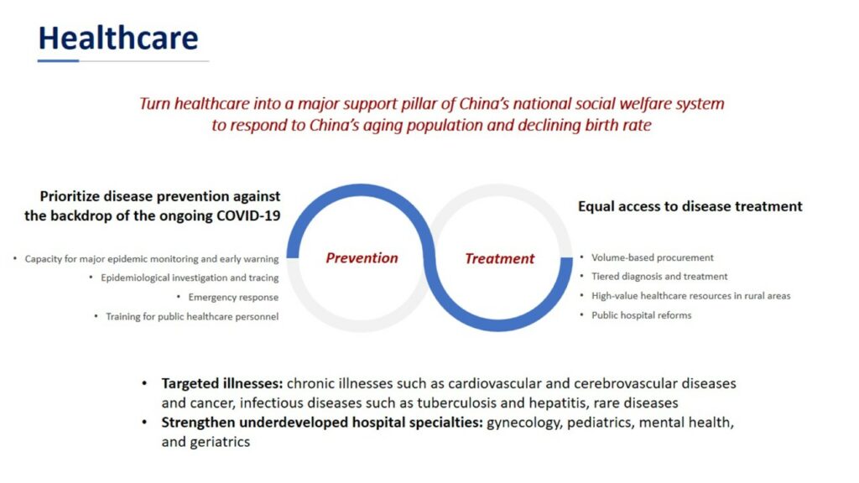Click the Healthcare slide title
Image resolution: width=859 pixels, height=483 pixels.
pyautogui.click(x=117, y=39)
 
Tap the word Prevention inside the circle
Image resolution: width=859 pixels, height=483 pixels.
pyautogui.click(x=362, y=258)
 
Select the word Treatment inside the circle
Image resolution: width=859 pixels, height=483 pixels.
pyautogui.click(x=499, y=258)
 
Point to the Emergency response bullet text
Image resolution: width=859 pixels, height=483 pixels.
pyautogui.click(x=233, y=298)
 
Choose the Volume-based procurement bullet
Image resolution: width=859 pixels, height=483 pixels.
pyautogui.click(x=653, y=257)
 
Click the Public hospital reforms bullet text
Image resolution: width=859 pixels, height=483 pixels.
pyautogui.click(x=642, y=315)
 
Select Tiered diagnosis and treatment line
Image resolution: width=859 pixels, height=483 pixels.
pyautogui.click(x=659, y=277)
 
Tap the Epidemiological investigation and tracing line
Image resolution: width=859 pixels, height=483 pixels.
pyautogui.click(x=190, y=278)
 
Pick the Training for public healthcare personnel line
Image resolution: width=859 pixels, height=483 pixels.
pyautogui.click(x=192, y=316)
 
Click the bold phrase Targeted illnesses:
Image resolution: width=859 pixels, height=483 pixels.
pyautogui.click(x=221, y=383)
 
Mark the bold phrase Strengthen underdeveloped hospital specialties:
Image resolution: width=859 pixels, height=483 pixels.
pyautogui.click(x=322, y=423)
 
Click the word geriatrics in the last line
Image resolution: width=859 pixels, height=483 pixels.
pyautogui.click(x=220, y=442)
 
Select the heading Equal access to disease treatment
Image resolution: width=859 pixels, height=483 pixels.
pyautogui.click(x=690, y=206)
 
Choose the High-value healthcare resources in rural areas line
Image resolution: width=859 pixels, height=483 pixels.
pyautogui.click(x=691, y=296)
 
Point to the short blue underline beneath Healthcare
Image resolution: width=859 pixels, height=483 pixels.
pyautogui.click(x=58, y=60)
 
